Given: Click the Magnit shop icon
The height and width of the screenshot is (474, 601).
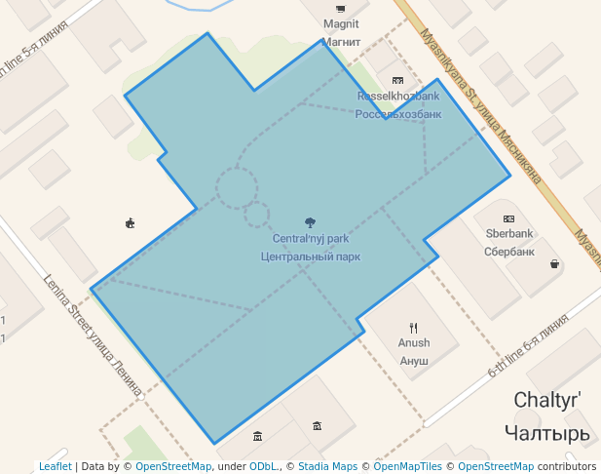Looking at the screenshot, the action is point(340,9).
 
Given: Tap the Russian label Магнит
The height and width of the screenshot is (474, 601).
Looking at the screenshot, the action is point(341,43).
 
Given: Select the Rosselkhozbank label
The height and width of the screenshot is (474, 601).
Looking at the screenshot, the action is point(398,97).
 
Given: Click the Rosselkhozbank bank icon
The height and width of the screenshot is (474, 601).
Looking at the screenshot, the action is point(397,81).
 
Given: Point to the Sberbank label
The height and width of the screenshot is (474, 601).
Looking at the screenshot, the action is point(509,234).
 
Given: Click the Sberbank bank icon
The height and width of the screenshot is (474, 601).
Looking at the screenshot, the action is point(508,218).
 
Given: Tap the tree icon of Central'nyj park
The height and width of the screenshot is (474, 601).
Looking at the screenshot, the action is point(311,222).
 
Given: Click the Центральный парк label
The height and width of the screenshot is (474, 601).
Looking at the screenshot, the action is point(311,257).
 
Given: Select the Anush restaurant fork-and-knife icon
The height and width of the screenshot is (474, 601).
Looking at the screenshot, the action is point(414,328).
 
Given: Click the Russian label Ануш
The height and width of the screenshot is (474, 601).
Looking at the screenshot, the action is point(413,361).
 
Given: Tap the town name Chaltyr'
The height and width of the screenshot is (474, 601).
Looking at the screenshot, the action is point(547,400).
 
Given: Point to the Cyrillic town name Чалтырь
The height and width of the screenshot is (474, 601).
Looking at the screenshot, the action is point(547,431).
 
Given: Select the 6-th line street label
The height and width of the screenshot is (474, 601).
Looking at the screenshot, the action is point(527,345).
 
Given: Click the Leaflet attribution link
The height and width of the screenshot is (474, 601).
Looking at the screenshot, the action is point(56,466).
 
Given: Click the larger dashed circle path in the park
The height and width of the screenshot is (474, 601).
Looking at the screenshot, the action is point(237,187).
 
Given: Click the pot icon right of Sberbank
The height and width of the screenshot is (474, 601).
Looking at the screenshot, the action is point(554,263).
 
